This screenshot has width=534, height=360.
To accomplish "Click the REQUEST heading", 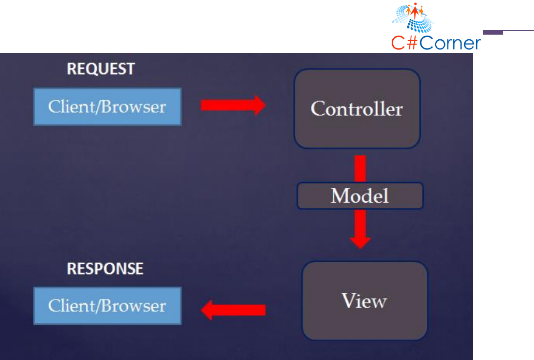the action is coord(101,69).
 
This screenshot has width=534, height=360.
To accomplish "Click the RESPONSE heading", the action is coord(105,269).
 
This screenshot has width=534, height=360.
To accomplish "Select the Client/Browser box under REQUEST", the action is coord(107,107).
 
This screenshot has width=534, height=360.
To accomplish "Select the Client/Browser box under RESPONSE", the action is coord(107,306).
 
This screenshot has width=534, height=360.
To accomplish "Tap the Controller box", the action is coord(357,109).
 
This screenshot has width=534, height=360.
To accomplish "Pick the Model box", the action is coord(360,196).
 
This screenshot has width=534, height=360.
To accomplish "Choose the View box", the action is coord(365,301).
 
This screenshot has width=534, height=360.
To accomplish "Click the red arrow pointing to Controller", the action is coord(233,105).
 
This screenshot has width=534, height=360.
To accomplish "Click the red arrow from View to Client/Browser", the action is coord(233,310).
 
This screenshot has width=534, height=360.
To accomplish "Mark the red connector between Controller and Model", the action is coord(360,169).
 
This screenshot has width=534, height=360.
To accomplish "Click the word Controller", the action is coord(357,109).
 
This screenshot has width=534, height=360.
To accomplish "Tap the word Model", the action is coord(360,196).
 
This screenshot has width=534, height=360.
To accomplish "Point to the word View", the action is coord(364,301).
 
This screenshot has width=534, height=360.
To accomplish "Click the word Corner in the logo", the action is coord(450,43).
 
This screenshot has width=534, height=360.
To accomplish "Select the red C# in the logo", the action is coord(405,43).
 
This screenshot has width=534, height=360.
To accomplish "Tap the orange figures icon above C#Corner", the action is coord(414,11).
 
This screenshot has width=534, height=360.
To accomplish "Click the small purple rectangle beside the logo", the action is coord(493,33).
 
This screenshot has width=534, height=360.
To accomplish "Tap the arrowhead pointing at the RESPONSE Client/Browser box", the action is coord(206,310).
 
